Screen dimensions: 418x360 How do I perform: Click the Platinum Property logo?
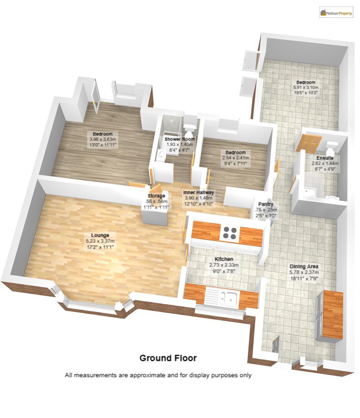[x=336, y=13]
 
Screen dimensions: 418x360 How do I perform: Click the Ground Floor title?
[x=168, y=358]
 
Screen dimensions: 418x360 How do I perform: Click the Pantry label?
[x=266, y=204]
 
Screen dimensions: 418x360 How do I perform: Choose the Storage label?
[x=155, y=196]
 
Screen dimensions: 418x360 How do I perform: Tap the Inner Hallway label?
[x=199, y=192]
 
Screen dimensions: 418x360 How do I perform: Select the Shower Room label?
[x=180, y=139]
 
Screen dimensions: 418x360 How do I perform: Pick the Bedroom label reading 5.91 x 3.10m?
[x=305, y=82]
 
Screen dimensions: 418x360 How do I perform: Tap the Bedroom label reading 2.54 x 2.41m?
[x=235, y=152]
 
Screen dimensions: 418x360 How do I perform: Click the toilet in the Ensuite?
[x=331, y=148]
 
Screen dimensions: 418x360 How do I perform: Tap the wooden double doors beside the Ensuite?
[x=309, y=142]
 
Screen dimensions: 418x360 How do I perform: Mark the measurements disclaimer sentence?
[x=158, y=375]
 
